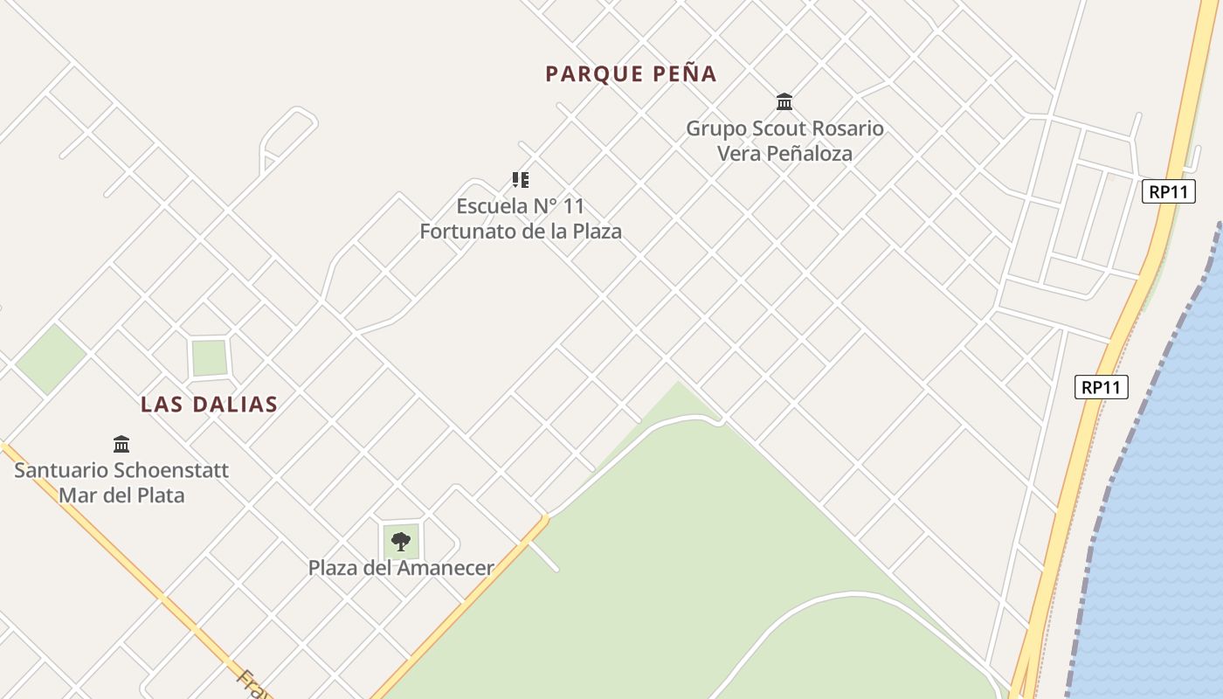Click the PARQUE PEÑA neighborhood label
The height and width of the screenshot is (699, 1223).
631,74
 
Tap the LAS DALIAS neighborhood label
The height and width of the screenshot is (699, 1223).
209,405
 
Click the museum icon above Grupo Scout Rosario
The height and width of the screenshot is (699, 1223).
784,102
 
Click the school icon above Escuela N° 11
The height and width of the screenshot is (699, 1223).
521,180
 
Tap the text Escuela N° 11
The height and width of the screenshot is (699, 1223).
520,207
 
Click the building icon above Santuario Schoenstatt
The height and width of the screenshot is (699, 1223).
121,444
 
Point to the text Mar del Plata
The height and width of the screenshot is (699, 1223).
121,495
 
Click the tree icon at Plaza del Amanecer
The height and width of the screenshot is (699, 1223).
401,542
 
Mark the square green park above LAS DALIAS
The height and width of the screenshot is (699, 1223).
210,357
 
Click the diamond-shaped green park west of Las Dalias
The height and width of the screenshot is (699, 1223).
51,358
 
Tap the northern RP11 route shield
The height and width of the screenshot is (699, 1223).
1168,191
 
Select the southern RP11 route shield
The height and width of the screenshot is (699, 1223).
1101,387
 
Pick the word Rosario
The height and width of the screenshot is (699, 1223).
847,128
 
